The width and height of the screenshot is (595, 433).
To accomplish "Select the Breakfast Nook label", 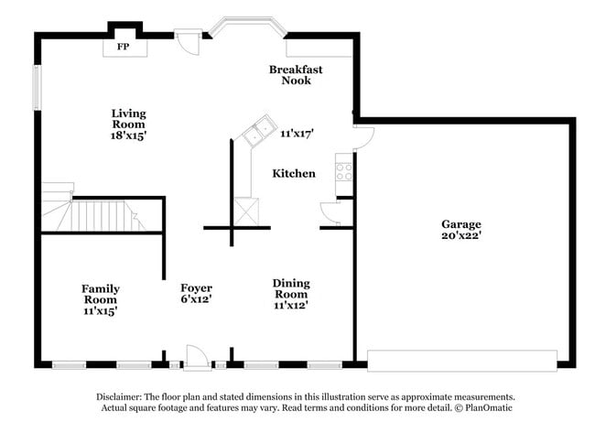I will click(296, 74).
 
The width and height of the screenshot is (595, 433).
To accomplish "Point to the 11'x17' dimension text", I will click(297, 134).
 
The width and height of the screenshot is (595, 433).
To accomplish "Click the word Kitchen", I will click(294, 173).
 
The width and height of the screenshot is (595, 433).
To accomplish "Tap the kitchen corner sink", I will click(256, 131).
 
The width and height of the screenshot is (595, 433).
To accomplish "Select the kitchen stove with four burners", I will click(344, 170).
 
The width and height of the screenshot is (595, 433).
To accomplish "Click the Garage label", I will click(460, 224).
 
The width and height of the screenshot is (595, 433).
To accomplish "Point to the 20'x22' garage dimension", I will click(460, 236).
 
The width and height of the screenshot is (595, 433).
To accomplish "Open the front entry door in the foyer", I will click(198, 357).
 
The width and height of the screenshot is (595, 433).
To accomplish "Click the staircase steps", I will click(101, 217).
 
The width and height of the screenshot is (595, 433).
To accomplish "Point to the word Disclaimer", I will click(122, 397).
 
